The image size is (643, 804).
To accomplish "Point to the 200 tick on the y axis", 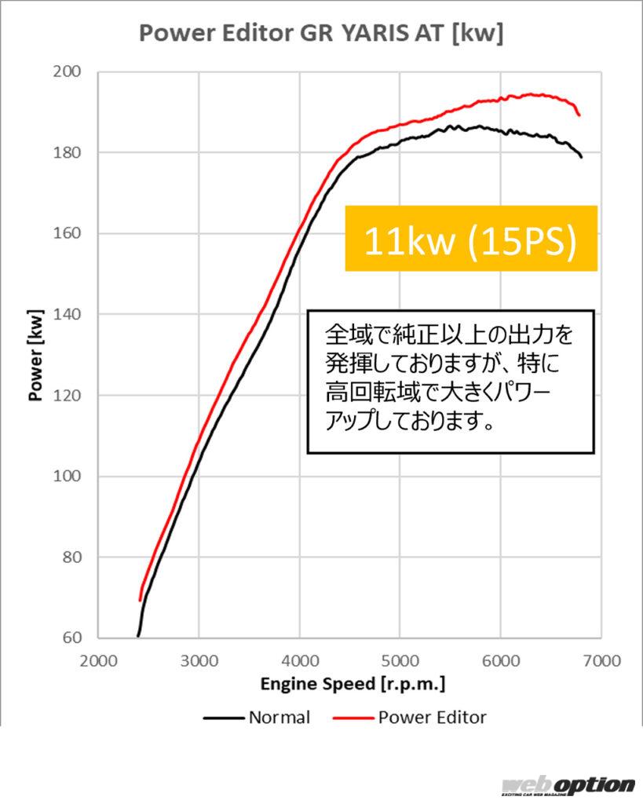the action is pos(68,71).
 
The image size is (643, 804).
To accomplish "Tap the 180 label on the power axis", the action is pos(68,153).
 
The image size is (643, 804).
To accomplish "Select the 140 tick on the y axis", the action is pos(68,314).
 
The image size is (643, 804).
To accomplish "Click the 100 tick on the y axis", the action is pos(68,477).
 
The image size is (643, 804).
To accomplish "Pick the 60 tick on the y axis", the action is pos(72,638).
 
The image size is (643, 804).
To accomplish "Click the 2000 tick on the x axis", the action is pos(98,661).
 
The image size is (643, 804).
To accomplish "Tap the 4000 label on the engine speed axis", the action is pos(300,661).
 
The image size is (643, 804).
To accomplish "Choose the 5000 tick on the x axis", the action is pos(400,661).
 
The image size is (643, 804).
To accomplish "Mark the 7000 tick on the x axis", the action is pos(602,661).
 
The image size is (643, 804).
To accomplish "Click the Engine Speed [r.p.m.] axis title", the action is pos(353,685).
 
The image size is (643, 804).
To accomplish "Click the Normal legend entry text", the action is pos(279,718).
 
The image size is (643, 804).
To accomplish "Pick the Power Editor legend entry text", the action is pos(433,718).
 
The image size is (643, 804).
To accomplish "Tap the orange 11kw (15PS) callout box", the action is pos(471,239).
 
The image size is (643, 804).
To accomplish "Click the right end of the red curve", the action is pos(579,115).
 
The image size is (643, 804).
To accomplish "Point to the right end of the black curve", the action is pos(582,157).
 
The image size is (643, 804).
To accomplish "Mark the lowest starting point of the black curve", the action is pos(138,636).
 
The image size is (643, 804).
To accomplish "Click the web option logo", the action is pos(568,786).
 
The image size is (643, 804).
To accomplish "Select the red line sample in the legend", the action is pos(353,718).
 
